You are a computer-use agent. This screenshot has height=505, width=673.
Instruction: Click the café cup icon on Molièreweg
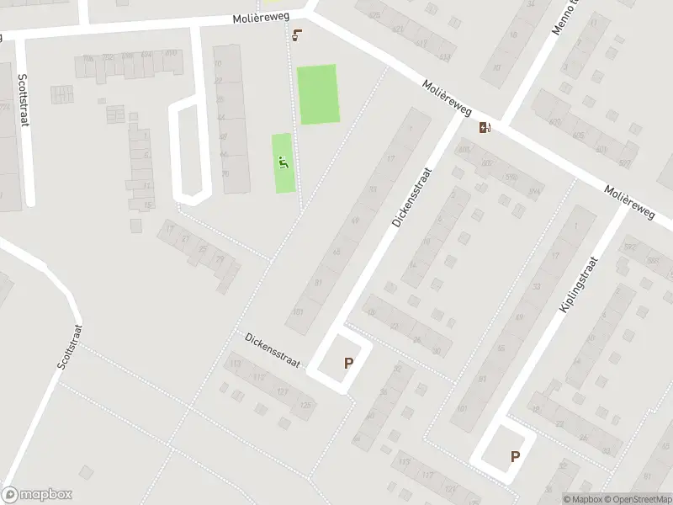coord(296,35)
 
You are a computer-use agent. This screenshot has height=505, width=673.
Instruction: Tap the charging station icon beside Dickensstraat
coord(485,128)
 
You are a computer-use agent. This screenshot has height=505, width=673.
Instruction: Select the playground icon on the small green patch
coord(284,162)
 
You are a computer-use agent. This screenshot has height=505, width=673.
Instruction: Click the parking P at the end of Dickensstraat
coord(348,364)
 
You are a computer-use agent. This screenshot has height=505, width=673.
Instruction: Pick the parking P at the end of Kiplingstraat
coord(515,457)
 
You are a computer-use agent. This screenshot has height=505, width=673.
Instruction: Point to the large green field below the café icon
coord(318,94)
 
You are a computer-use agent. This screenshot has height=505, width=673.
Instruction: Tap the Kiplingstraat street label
coord(577,286)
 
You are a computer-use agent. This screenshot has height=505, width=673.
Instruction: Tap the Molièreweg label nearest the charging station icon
coord(447,98)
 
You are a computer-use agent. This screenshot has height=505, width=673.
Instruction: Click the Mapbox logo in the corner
coord(37,495)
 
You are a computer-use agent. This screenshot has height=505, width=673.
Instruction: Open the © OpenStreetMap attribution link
coord(638,499)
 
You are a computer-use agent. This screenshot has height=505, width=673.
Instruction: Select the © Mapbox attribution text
coord(581,499)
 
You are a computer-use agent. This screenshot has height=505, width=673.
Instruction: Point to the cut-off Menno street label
coord(560,17)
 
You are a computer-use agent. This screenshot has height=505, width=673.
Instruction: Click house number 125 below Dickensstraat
coord(304,405)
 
